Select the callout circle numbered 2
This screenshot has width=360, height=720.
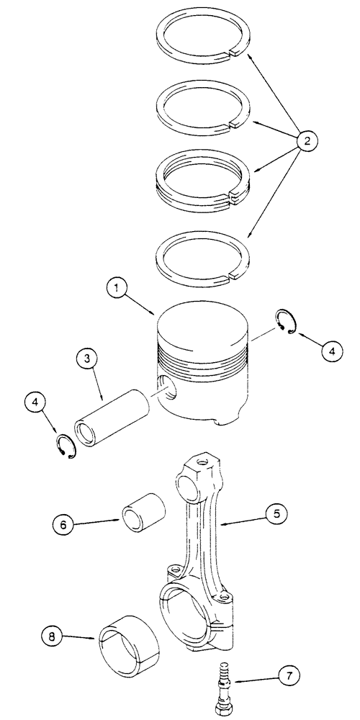coord(307,143)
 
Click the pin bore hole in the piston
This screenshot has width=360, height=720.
coord(166,388)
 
